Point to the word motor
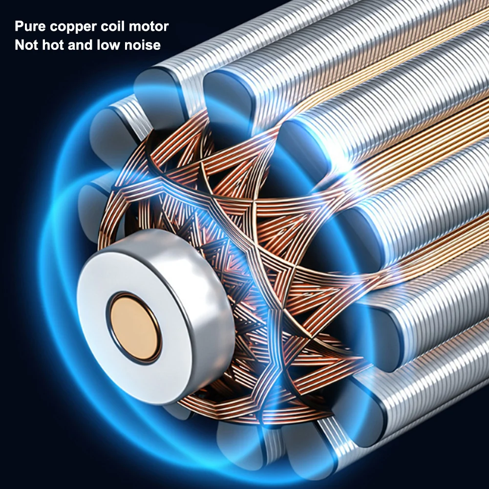pos(149,26)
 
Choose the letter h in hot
pos(45,45)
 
